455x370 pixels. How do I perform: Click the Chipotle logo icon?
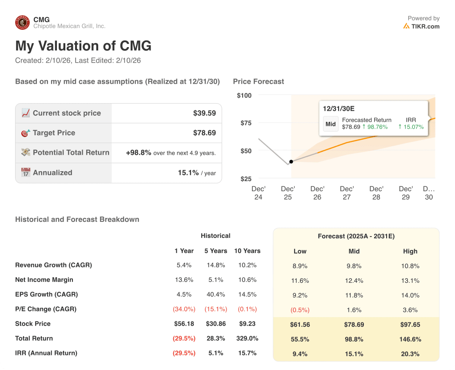point(22,23)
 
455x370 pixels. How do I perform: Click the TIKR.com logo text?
point(425,26)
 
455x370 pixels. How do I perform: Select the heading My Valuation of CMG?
point(83,46)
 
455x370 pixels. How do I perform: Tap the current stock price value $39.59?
point(204,113)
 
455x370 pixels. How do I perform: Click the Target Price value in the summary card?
point(204,133)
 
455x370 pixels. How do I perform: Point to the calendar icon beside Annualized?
point(26,173)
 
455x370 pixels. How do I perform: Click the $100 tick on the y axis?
point(244,96)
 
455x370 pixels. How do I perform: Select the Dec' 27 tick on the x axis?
point(347,193)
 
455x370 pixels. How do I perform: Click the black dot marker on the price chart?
point(291,162)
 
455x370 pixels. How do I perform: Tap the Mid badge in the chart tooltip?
point(331,124)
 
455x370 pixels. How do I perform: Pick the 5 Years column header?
point(216,251)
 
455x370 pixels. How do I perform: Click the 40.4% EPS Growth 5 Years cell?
point(216,294)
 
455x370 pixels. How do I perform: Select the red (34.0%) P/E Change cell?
point(184,309)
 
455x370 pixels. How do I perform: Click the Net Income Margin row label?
point(44,280)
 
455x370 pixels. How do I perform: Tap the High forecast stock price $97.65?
point(410,325)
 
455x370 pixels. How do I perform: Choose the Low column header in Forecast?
point(300,251)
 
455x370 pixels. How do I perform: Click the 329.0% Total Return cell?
point(247,338)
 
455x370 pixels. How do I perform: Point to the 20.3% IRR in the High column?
point(410,354)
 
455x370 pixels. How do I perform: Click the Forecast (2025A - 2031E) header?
point(356,236)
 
